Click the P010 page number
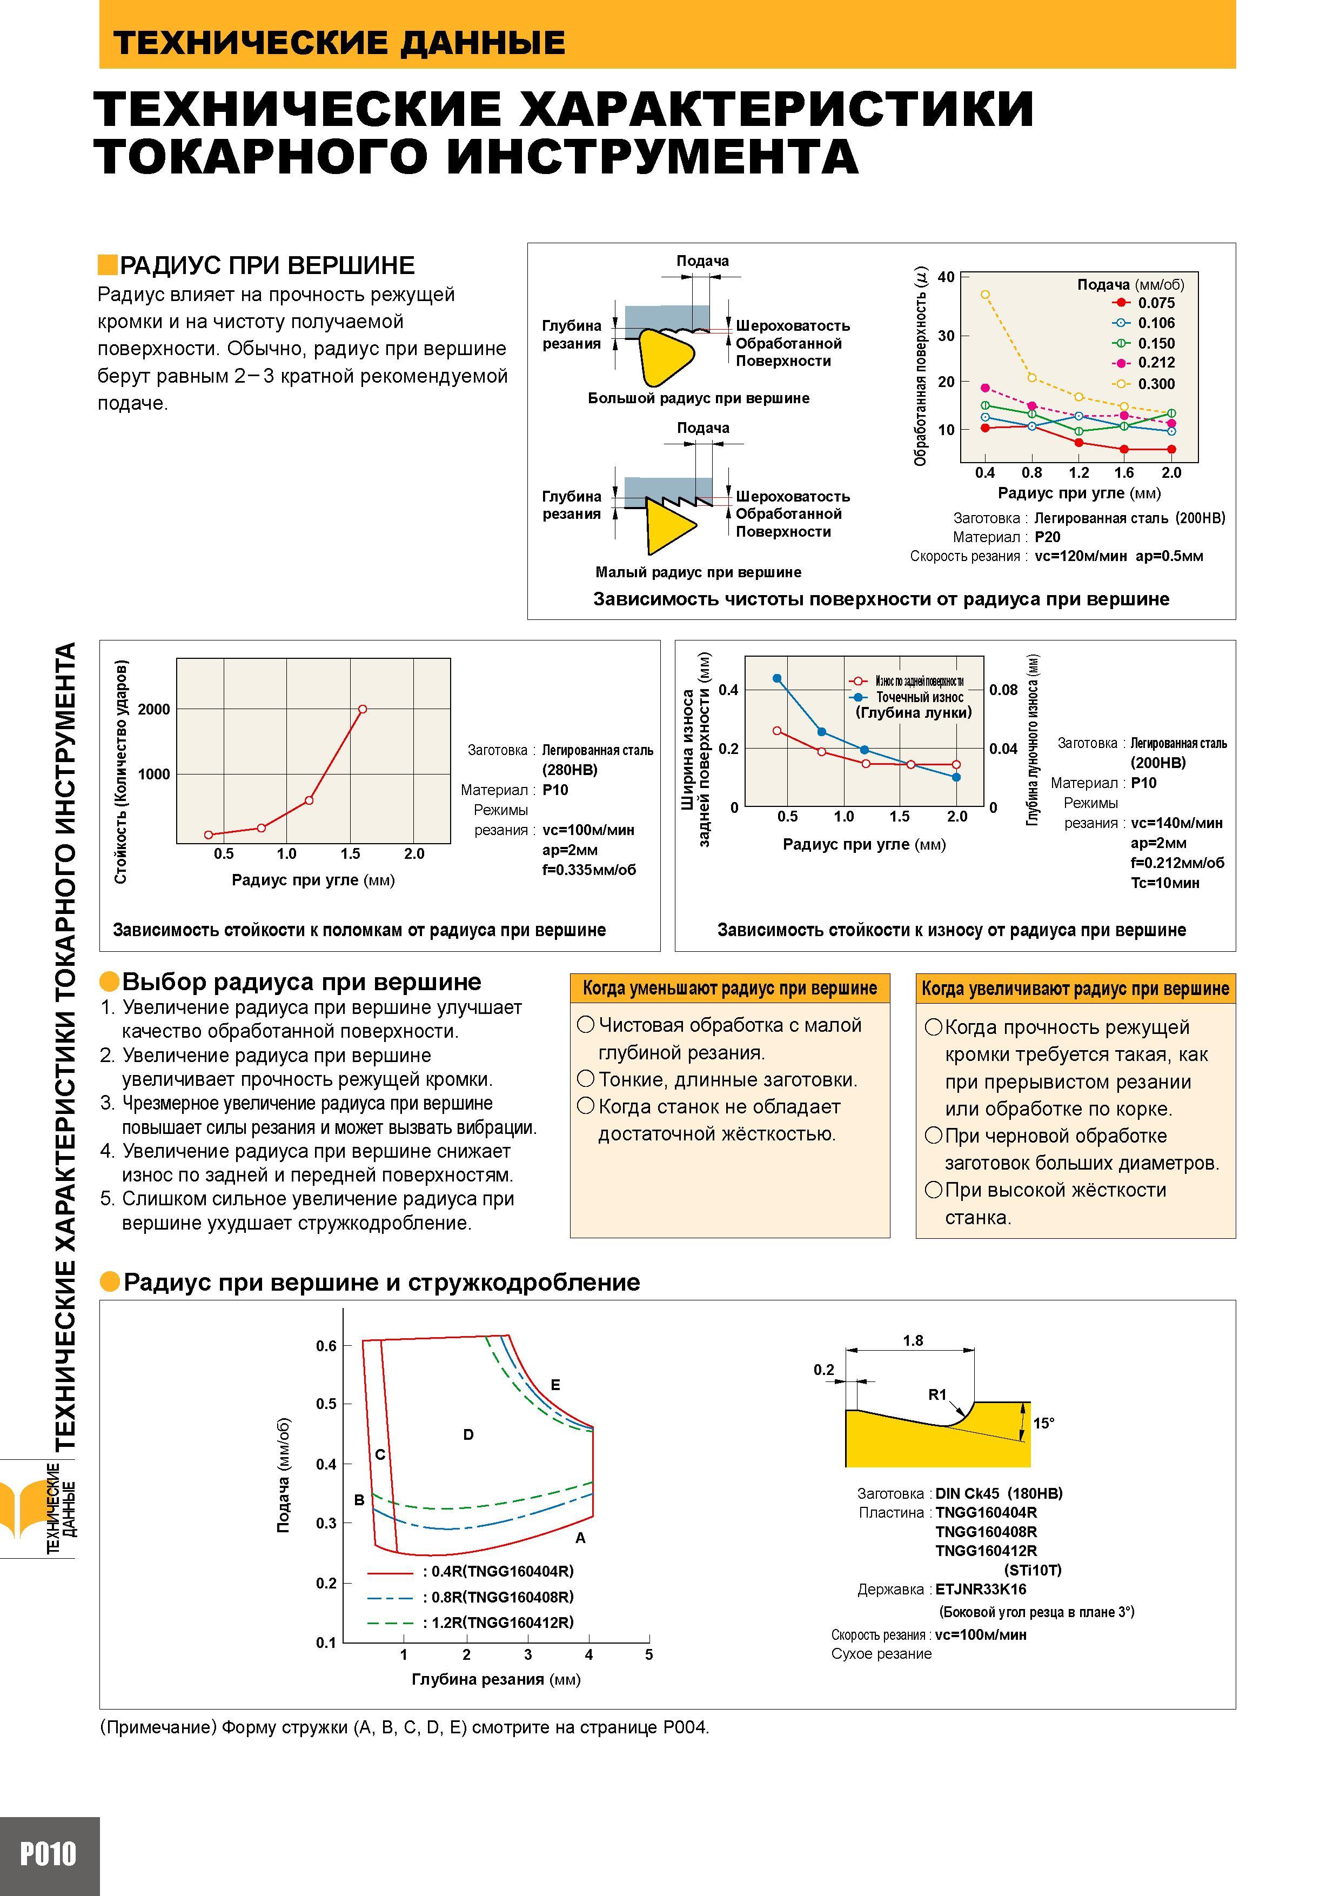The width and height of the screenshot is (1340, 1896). point(48,1855)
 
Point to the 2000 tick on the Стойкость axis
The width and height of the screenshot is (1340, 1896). point(153,709)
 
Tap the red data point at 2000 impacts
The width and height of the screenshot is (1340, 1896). point(363,709)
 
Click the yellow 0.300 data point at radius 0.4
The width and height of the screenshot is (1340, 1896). point(985,294)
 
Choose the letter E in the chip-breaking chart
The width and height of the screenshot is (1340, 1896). point(555,1385)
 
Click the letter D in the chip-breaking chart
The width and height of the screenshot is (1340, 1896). point(468,1435)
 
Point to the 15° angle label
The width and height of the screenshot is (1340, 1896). point(1043,1423)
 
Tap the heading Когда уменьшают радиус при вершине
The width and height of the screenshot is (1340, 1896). point(730,989)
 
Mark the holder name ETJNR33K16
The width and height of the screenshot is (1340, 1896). point(981,1589)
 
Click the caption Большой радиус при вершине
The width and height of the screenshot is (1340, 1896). point(699,398)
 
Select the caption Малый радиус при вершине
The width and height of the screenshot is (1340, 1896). point(699,572)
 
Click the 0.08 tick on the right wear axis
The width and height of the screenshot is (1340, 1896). point(1003,690)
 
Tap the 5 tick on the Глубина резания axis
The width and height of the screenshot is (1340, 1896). point(649,1655)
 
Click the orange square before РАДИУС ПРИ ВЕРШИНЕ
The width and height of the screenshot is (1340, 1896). point(108,265)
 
